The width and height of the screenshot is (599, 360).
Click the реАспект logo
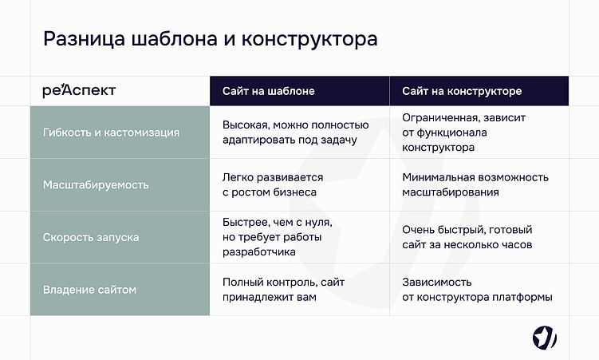click(79, 91)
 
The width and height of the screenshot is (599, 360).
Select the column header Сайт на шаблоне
click(268, 91)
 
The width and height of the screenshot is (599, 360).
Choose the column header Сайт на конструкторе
click(462, 91)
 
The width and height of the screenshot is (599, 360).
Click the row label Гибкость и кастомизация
click(111, 132)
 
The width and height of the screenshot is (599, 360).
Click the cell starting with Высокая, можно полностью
click(295, 132)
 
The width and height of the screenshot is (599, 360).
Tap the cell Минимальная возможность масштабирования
click(475, 184)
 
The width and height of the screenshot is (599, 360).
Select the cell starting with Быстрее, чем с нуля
click(278, 237)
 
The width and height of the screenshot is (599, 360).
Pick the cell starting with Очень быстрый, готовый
click(467, 237)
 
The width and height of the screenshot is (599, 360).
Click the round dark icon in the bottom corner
click(545, 338)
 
